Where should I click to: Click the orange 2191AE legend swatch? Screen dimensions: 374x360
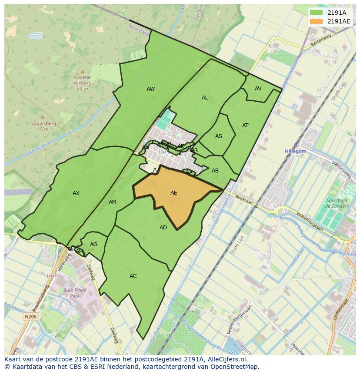[317, 21]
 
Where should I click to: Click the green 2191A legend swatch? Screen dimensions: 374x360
[317, 13]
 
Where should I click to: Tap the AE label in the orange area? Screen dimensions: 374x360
[174, 193]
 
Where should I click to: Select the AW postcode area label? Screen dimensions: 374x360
[150, 89]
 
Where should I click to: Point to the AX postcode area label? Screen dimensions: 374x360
[76, 193]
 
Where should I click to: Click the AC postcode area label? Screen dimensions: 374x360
[133, 276]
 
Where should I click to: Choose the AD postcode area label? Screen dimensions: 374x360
[163, 228]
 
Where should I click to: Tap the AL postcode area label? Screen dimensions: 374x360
[205, 98]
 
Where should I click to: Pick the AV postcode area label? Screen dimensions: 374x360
[258, 89]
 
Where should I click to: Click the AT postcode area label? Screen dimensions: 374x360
[245, 126]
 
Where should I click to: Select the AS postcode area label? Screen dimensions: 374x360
[219, 136]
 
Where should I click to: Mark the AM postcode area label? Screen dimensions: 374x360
[113, 202]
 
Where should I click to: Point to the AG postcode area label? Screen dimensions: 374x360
[93, 245]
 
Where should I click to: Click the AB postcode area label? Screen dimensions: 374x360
[215, 171]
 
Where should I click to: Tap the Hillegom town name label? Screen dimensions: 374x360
[296, 151]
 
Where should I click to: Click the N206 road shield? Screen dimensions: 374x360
[30, 317]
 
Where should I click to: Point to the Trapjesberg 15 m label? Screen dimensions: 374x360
[43, 126]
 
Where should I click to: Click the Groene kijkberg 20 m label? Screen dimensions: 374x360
[83, 83]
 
